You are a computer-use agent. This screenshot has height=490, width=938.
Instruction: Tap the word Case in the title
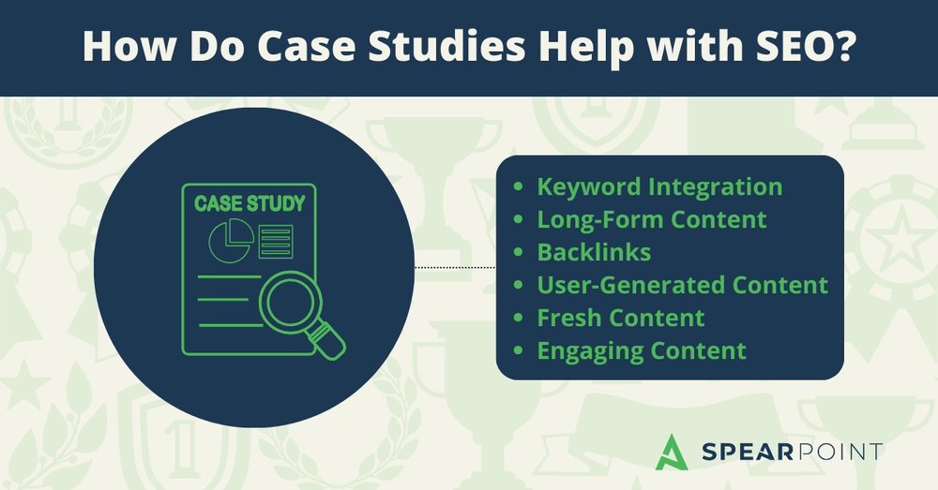(299, 48)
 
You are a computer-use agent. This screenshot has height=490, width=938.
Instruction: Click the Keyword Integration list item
(659, 186)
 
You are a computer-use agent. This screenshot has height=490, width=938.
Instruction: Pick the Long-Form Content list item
(652, 219)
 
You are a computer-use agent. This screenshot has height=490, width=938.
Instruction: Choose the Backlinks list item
(594, 252)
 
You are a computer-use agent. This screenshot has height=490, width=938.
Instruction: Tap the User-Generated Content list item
(682, 285)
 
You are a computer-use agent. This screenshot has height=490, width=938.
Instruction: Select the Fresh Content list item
(620, 318)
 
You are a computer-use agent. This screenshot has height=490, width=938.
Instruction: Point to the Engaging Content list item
(642, 350)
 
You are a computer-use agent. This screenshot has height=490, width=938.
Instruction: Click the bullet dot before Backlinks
(519, 253)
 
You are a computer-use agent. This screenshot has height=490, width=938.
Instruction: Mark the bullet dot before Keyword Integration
(519, 187)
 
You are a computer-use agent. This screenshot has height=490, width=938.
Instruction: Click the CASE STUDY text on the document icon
(249, 202)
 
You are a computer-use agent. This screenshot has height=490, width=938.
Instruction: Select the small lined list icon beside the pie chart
(275, 241)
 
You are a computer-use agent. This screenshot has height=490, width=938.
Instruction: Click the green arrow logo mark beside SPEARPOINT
(671, 453)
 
